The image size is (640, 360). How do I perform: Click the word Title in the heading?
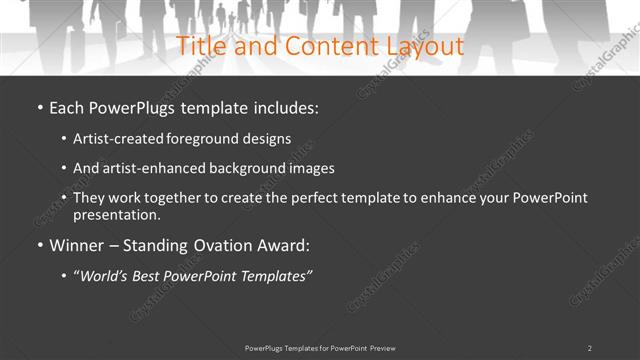(201, 46)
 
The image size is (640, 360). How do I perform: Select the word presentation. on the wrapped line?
(116, 215)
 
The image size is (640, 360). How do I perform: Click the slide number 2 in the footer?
(589, 347)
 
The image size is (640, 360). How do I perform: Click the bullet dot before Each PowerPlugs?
(39, 107)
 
